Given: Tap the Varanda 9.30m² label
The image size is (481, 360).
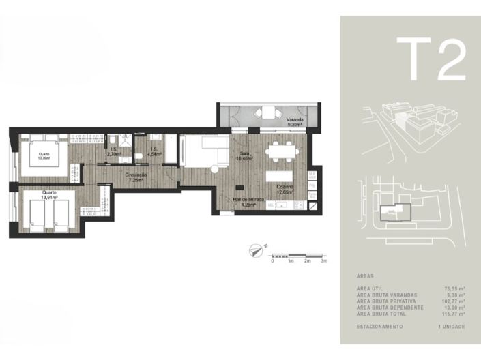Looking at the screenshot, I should click(295, 123).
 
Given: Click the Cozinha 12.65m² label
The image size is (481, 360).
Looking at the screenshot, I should click(286, 189).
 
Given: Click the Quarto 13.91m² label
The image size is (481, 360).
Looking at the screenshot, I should click(49, 194).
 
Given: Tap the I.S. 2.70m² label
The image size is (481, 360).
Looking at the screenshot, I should click(114, 152).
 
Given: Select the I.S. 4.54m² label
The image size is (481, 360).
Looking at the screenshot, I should click(154, 152).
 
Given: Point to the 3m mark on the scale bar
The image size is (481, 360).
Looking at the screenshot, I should click(325, 261).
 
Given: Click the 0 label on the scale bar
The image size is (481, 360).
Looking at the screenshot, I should click(273, 261).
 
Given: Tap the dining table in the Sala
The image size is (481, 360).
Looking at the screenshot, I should click(280, 151).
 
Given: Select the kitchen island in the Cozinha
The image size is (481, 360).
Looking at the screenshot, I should click(280, 177).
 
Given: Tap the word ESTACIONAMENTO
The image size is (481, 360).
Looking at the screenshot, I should click(379, 326).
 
